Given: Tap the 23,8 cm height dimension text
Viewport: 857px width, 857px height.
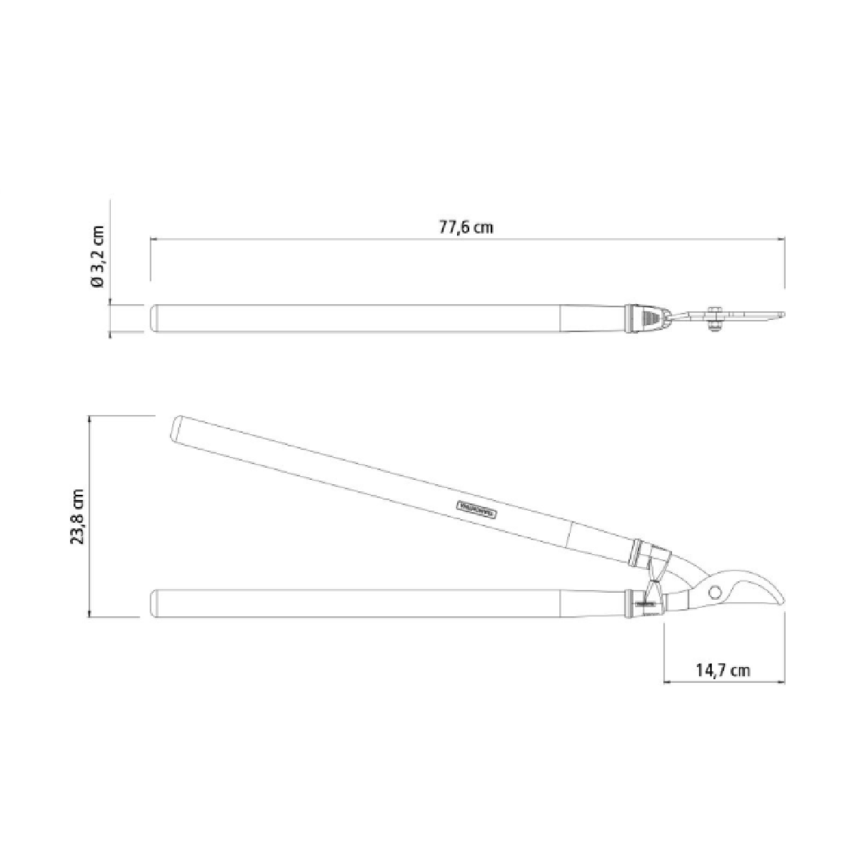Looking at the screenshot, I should (77, 516).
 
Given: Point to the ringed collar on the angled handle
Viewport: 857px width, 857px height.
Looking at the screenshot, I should (638, 550).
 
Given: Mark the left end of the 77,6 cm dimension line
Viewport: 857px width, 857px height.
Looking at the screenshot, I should (151, 241).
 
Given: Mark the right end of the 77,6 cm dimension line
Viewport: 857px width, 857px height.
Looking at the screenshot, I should (786, 241).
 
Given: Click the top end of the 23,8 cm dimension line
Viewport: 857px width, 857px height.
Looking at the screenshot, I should (89, 416).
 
